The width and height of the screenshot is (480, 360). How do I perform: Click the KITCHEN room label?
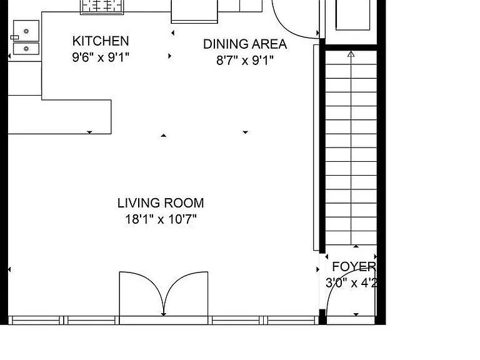point(101,41)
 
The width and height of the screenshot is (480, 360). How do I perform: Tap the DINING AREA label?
point(245,44)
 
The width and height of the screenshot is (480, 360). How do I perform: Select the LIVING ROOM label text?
point(161,203)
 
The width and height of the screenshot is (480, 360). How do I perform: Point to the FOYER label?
point(354,267)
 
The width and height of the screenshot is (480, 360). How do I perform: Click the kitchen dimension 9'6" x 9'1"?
point(101,57)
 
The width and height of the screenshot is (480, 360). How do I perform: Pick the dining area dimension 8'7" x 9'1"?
point(245,60)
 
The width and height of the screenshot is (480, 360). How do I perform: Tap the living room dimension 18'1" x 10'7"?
point(161,219)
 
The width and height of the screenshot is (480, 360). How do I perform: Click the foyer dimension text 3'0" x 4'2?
point(351,282)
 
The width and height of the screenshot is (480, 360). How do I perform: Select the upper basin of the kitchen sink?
point(26,31)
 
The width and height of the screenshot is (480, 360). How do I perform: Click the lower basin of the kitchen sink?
point(26,49)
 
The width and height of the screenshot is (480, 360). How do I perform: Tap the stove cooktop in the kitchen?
point(102,7)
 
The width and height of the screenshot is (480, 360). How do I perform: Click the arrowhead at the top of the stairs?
point(351,54)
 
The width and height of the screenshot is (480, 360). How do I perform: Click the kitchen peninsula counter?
point(59,117)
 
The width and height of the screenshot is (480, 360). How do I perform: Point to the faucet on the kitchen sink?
point(15,37)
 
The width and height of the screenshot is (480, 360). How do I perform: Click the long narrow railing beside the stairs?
point(316,147)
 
